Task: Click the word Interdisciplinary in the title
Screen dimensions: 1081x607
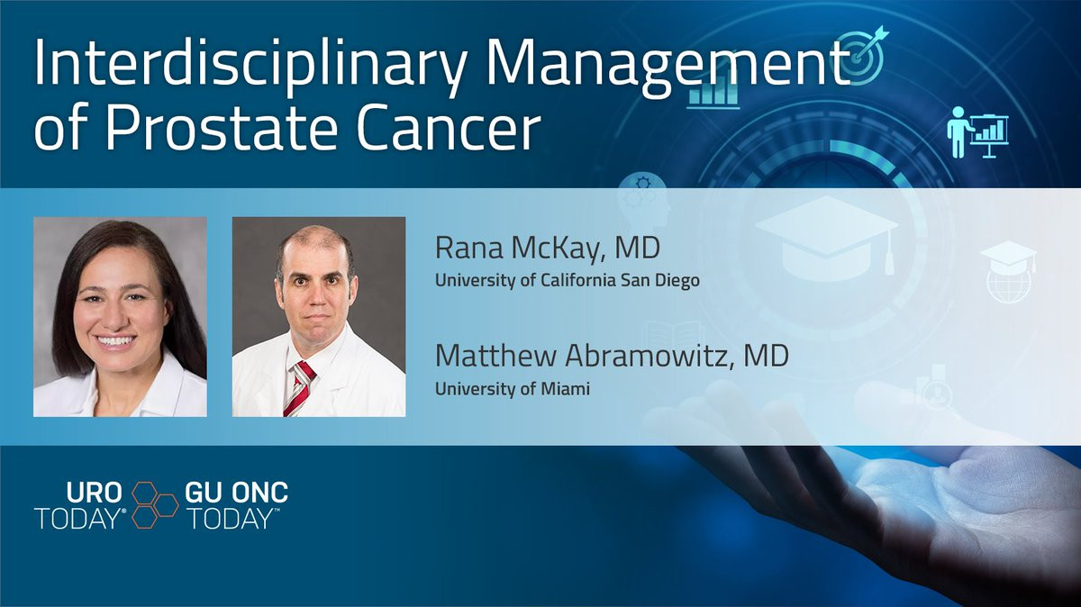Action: coord(250,65)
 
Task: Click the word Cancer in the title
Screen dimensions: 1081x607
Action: coord(449,127)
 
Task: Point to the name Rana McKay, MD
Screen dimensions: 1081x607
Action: coord(548,247)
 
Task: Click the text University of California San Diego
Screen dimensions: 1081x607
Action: coord(567,281)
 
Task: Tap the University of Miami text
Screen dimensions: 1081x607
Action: coord(513,389)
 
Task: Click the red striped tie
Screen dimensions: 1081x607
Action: coord(299,388)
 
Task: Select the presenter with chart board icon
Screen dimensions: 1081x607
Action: coord(977,132)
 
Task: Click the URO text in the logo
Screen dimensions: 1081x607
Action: coord(94,493)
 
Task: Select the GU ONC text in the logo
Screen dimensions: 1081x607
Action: coord(236,493)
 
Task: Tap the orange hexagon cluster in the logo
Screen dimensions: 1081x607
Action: coord(154,504)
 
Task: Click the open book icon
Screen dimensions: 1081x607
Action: coord(674,335)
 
